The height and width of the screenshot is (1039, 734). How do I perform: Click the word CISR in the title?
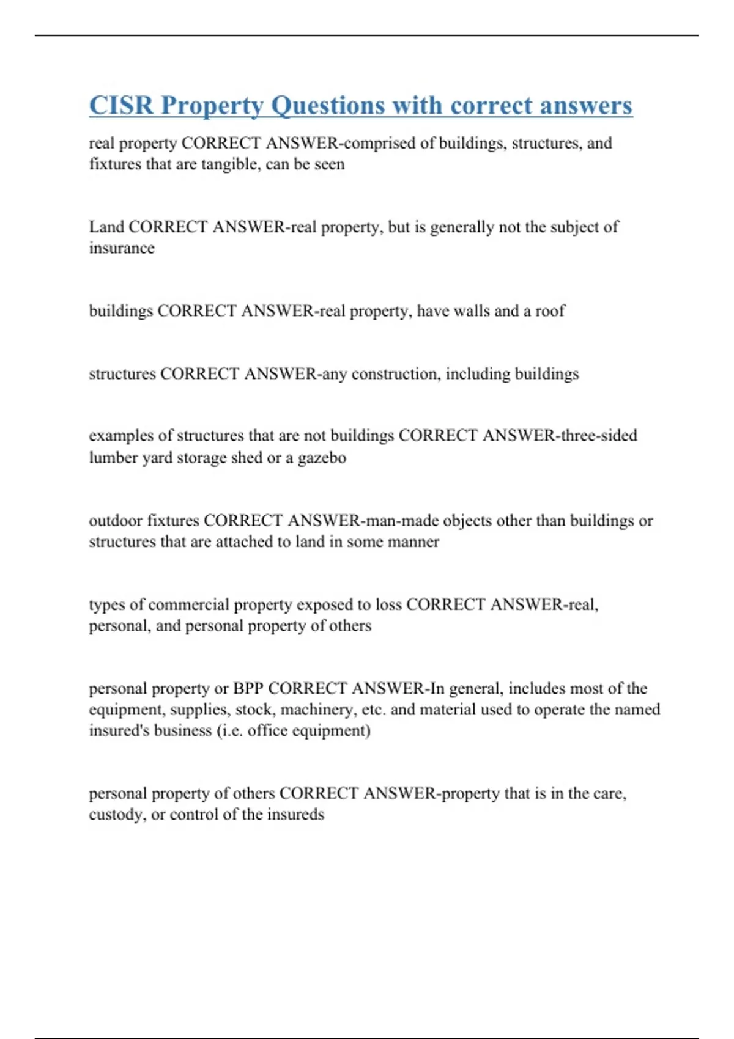(x=121, y=105)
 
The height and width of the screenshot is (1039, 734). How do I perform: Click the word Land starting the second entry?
(x=106, y=227)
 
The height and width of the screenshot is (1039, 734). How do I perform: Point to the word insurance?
(x=122, y=248)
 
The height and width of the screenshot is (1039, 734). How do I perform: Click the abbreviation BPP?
(x=248, y=689)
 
